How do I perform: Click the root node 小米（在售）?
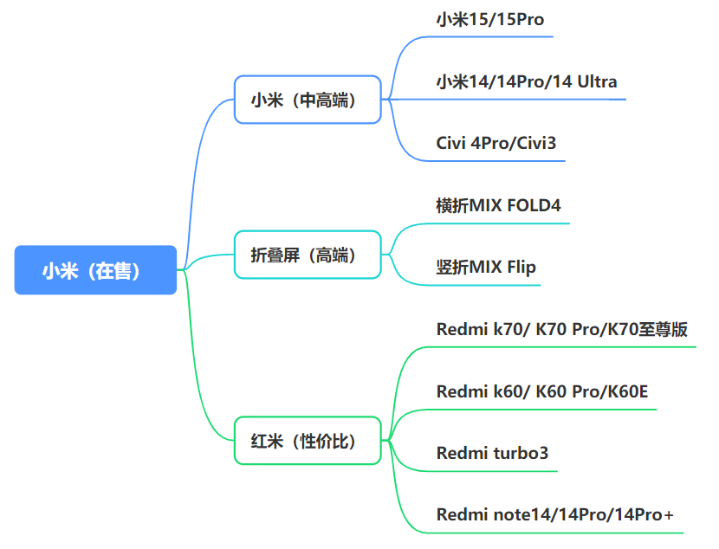coord(95,270)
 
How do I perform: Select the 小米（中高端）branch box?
coord(308,100)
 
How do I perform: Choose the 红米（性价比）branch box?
coord(308,441)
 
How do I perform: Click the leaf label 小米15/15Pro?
coord(489,19)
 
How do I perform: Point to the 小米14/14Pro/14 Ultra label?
coord(527,82)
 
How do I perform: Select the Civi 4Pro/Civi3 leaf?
coord(496,144)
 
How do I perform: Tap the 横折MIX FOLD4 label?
coord(498,205)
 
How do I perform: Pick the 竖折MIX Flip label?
coord(486,267)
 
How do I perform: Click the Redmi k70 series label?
coord(562,329)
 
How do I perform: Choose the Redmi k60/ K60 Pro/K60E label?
coord(542,391)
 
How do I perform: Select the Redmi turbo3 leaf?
coord(492,453)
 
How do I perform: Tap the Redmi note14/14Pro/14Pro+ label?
coord(555,515)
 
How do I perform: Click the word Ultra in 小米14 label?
coord(593,82)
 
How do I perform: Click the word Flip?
coord(521,267)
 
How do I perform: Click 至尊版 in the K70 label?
coord(664,329)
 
